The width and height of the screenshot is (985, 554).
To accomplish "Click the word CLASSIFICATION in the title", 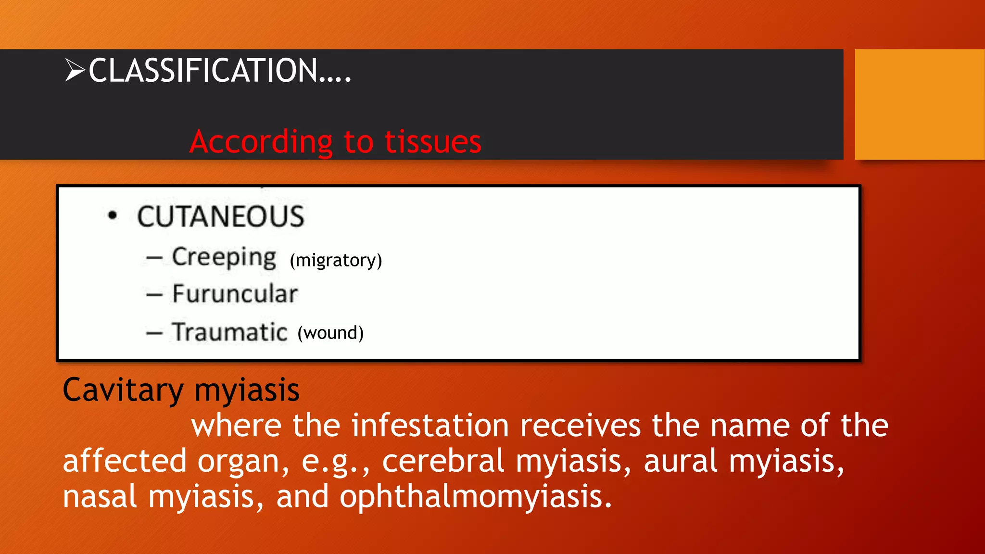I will (x=202, y=71).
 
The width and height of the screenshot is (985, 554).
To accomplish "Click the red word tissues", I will (x=433, y=142).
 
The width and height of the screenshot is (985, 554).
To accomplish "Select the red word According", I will (x=261, y=142).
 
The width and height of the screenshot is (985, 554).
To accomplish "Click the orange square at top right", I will (x=919, y=104).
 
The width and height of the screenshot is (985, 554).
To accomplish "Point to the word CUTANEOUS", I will (x=221, y=216).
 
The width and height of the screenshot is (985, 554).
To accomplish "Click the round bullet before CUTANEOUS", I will (x=113, y=215).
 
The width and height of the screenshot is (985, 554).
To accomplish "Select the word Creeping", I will (x=224, y=257).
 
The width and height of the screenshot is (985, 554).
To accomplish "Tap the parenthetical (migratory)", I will (x=336, y=260).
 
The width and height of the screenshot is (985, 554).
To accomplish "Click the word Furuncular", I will (x=235, y=294).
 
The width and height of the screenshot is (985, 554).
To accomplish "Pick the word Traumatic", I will (x=230, y=332).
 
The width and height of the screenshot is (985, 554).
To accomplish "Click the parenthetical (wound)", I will (x=330, y=333).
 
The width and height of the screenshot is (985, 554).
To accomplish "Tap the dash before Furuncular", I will (x=154, y=295).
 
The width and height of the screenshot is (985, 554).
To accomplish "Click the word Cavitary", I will (x=123, y=390).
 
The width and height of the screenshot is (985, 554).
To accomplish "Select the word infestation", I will (x=430, y=426).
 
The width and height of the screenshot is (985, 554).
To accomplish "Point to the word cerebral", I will (x=443, y=461).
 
